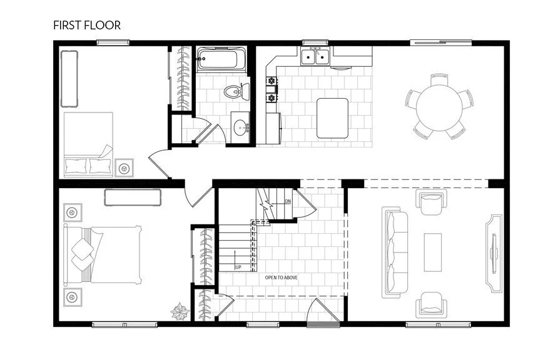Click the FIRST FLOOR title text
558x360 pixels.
(x=87, y=26)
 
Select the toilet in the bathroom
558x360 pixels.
(x=234, y=91)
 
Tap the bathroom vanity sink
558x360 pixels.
(x=240, y=128)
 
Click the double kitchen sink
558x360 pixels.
(x=315, y=57)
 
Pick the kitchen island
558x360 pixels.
(x=332, y=117)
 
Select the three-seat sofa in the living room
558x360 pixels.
(x=395, y=252)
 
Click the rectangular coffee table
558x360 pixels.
(x=433, y=252)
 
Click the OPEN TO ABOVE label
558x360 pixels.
(x=281, y=277)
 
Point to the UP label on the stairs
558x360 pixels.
(x=238, y=267)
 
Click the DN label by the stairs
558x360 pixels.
(x=288, y=201)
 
